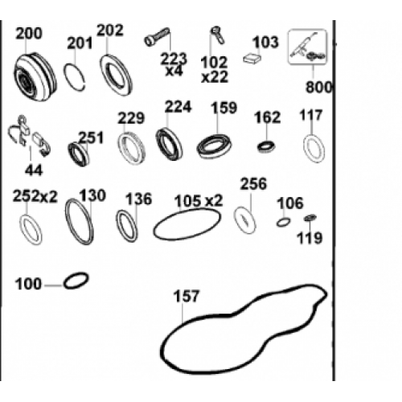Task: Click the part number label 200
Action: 29,34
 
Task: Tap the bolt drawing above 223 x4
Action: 157,37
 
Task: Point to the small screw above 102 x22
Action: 218,35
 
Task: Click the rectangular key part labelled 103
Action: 252,59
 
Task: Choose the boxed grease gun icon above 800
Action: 307,47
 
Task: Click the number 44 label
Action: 34,170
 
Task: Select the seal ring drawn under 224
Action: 169,144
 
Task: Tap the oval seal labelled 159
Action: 214,146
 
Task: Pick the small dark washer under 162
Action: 267,146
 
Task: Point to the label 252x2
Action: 35,196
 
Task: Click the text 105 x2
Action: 199,201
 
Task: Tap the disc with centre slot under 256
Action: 245,220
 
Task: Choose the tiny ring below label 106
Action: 283,222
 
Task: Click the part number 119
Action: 310,238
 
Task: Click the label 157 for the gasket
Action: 187,296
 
